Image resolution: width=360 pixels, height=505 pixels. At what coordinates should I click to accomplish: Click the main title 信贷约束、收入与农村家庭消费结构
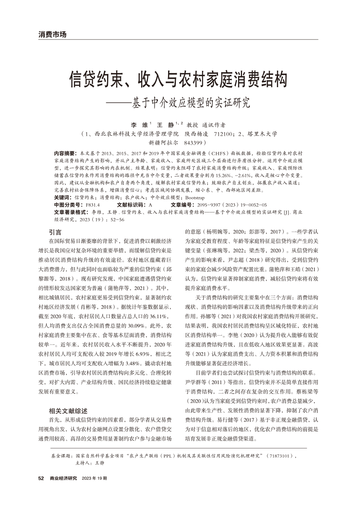[178, 80]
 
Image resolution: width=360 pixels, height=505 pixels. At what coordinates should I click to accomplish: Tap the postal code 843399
[195, 142]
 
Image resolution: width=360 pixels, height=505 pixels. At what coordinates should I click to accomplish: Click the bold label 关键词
[62, 197]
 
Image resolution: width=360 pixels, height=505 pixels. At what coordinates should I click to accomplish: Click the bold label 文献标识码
[131, 204]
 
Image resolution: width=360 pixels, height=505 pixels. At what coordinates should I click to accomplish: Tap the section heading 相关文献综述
[68, 411]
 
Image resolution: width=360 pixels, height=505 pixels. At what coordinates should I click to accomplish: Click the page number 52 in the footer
[41, 478]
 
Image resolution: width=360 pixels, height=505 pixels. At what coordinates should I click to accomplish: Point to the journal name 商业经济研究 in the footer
[63, 478]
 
